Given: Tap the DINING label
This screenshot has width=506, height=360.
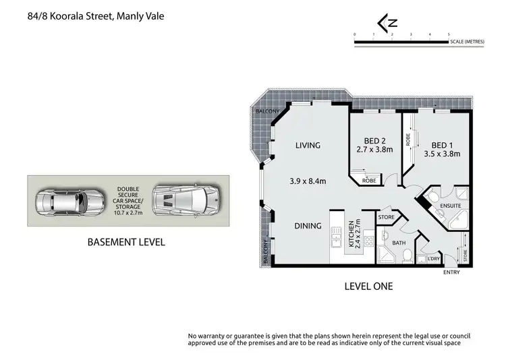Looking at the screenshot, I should tap(307, 226).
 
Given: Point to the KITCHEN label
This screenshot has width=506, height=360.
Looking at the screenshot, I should tap(351, 234).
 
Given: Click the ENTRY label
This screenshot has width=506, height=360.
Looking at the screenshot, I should tap(451, 272).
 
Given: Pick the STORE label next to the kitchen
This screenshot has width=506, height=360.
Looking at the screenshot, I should tap(386, 217).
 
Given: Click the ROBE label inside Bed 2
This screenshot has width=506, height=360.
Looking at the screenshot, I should tap(369, 181).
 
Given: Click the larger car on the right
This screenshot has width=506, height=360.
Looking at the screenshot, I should tap(184, 200).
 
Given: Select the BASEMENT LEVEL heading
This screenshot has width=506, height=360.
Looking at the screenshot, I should tap(128, 241).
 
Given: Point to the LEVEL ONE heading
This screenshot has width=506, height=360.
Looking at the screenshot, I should tap(368, 287).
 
